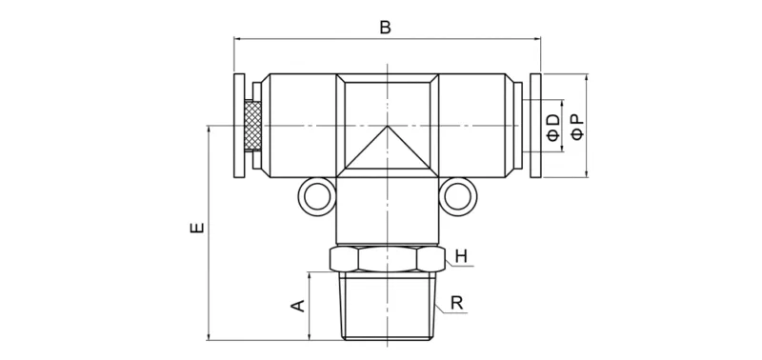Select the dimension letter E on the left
196,230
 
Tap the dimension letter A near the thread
297,305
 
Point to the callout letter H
461,255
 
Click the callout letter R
457,304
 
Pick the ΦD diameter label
553,126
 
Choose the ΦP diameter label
575,126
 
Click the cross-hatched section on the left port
253,126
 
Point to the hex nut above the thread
387,259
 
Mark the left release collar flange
239,126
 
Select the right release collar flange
534,126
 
